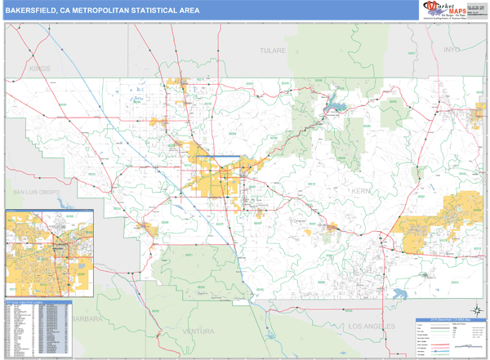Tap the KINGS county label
[39, 69]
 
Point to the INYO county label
[452, 50]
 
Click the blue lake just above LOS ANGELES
[401, 294]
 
